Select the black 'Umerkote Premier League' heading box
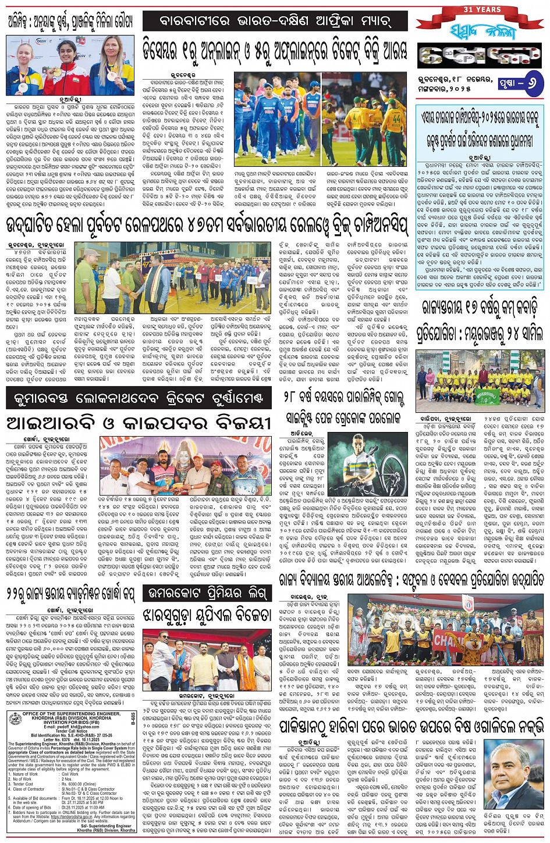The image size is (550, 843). click(207, 594)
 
